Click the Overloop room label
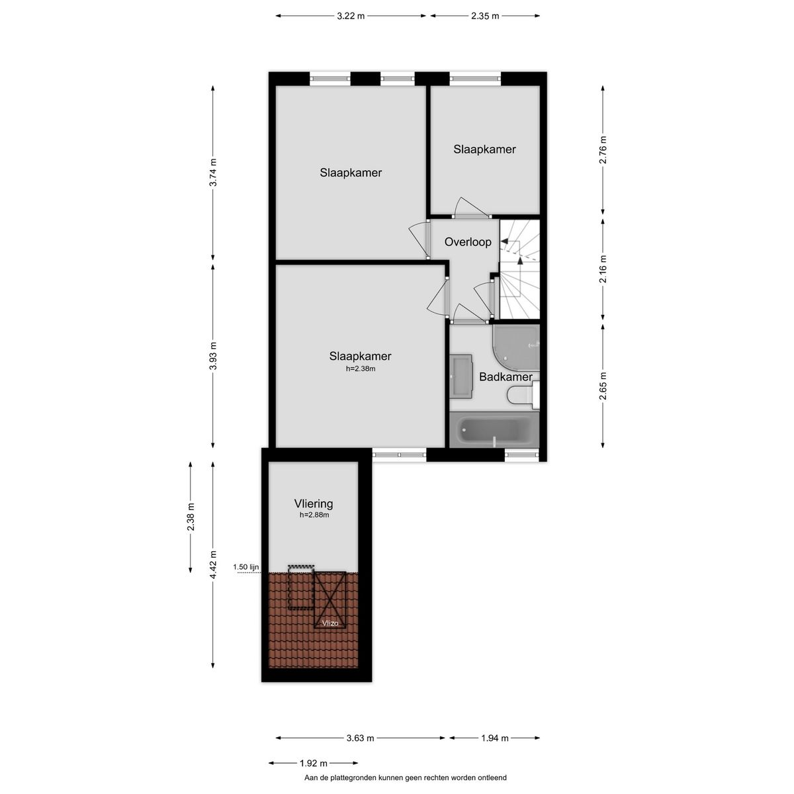click(468, 242)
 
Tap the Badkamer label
click(506, 376)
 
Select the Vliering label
click(314, 504)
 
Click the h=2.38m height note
click(361, 369)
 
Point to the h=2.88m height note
click(314, 515)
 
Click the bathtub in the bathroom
click(494, 430)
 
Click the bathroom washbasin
click(461, 376)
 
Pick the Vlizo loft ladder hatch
click(330, 600)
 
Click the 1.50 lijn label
click(245, 567)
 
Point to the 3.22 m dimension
click(351, 17)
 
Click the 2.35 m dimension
click(485, 17)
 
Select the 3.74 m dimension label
click(213, 173)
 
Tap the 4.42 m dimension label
click(213, 564)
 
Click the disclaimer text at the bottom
click(405, 778)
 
